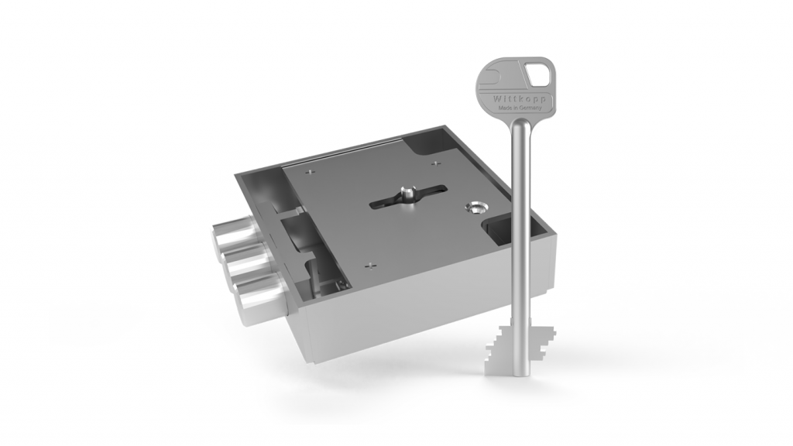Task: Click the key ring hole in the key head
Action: coord(537,75)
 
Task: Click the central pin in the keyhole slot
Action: coord(407,191)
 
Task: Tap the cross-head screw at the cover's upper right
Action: coord(435,163)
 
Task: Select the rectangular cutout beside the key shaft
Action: coord(496,230)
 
